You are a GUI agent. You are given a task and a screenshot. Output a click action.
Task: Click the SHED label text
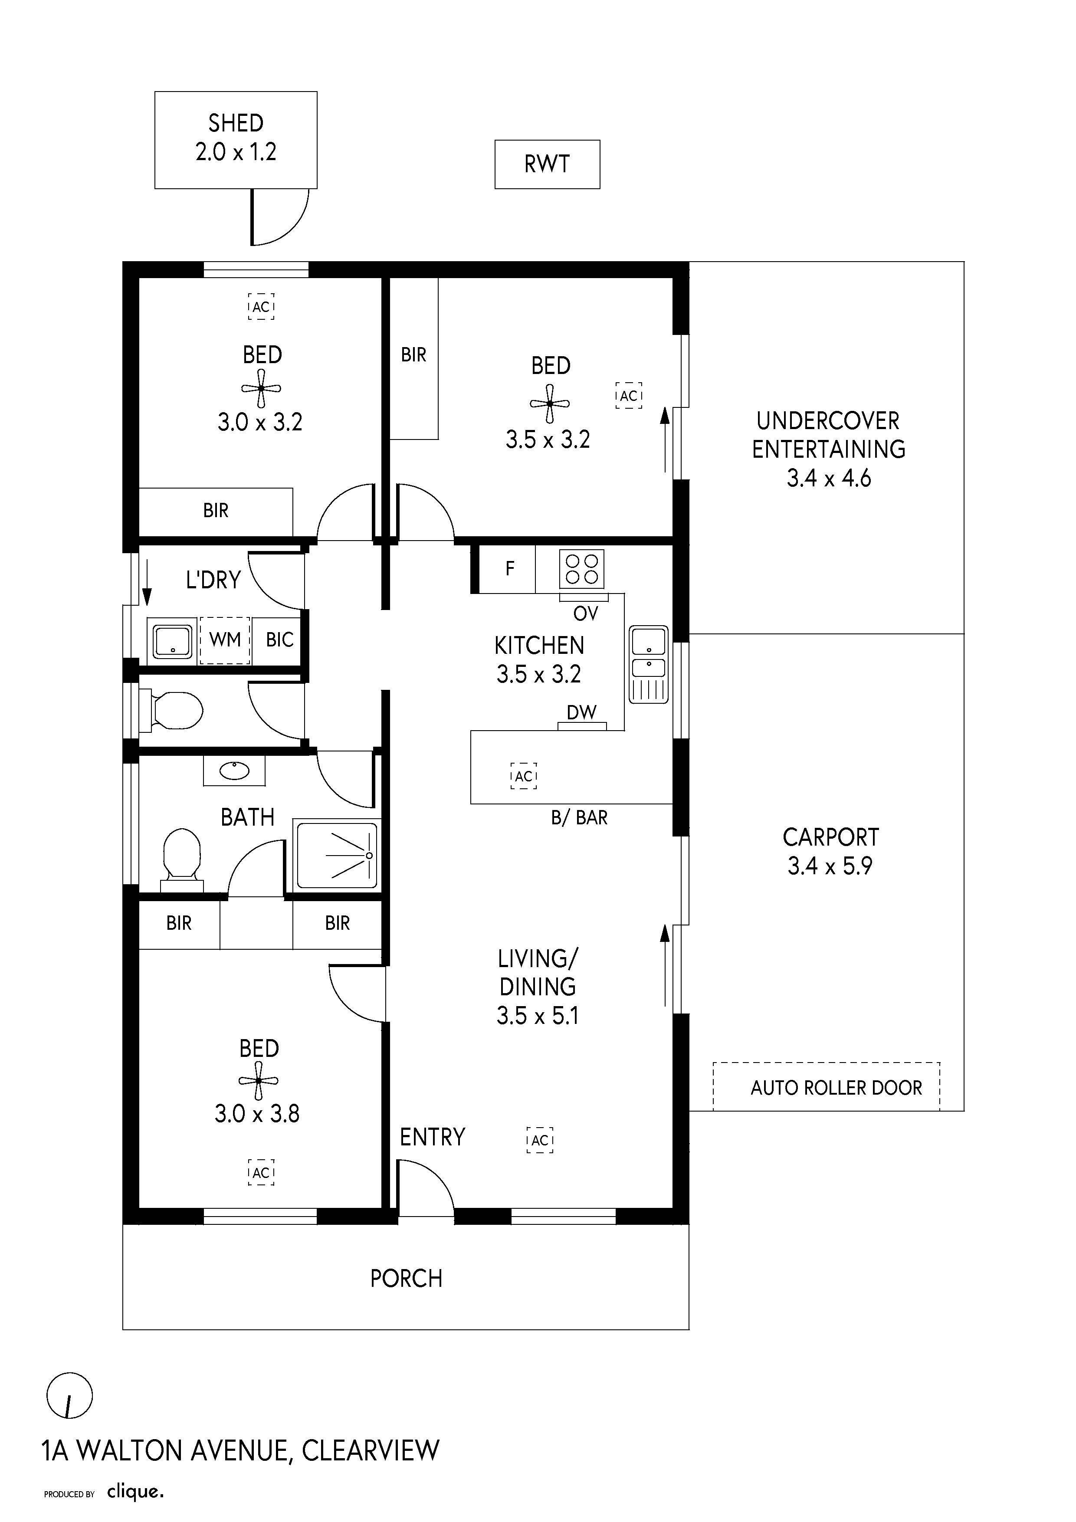click(x=236, y=123)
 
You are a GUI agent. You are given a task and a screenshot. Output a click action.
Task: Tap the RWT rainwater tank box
click(x=547, y=164)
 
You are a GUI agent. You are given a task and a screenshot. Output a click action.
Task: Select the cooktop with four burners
click(x=582, y=569)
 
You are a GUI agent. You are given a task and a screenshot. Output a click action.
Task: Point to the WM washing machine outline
click(x=225, y=640)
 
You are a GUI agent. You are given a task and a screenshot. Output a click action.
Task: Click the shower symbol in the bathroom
click(x=337, y=855)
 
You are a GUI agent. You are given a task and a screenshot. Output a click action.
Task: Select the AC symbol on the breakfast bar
click(x=524, y=776)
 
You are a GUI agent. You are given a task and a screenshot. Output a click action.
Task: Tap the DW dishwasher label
click(x=581, y=712)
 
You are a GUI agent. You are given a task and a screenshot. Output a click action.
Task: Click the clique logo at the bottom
click(x=135, y=1492)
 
